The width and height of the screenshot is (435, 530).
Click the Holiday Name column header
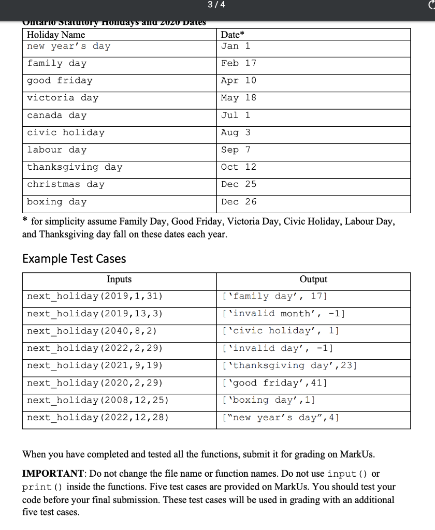tap(56, 35)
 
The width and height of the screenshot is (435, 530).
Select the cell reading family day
tap(57, 63)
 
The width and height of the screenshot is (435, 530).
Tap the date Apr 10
tap(238, 81)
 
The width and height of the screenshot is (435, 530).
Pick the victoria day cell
tap(63, 98)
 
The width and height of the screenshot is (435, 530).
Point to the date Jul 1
tap(235, 115)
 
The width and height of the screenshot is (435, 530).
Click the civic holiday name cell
tap(66, 132)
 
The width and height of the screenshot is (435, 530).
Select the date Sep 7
tap(235, 150)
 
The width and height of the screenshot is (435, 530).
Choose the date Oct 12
tap(238, 167)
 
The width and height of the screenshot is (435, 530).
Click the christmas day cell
tap(66, 184)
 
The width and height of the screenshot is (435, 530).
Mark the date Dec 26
tap(238, 202)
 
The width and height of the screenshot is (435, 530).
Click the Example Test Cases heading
tap(74, 258)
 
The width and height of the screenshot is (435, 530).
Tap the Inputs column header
tap(119, 279)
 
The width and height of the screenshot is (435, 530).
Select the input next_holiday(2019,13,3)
tap(95, 314)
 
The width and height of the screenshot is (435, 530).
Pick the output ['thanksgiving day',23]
tap(288, 365)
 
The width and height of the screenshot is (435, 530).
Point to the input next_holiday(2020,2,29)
tap(95, 383)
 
